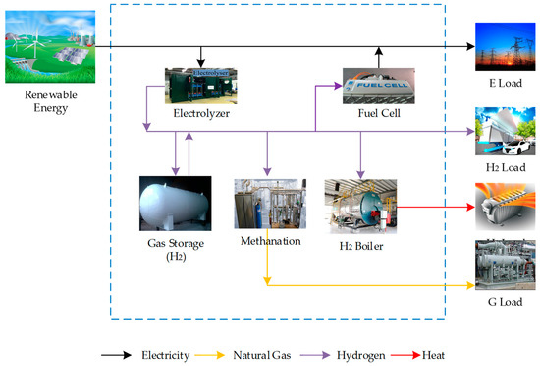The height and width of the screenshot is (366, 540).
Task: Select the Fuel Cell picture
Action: click(378, 86)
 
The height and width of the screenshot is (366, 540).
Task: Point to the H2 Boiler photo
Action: click(360, 206)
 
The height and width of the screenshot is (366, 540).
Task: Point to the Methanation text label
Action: click(267, 241)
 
